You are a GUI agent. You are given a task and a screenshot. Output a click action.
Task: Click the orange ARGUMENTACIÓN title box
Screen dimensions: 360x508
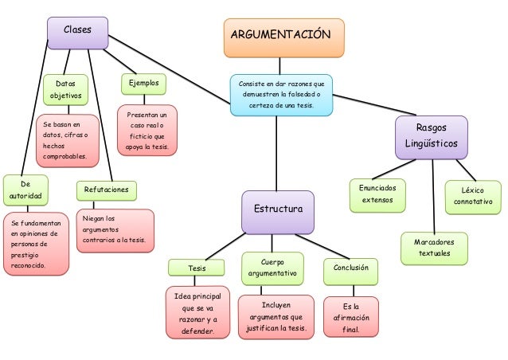pos(284,37)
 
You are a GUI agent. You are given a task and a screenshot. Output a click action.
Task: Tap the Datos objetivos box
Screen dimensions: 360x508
pos(66,89)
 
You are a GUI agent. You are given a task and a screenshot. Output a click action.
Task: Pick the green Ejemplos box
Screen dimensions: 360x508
pos(143,83)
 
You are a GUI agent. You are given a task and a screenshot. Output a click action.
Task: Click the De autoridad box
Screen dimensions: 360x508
pos(24,190)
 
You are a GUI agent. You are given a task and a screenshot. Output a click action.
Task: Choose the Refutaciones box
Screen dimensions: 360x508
pos(107,191)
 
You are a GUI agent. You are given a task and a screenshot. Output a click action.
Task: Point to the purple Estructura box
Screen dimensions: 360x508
pos(278,209)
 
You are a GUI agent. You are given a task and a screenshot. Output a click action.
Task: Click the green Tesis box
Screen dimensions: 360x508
pos(197,269)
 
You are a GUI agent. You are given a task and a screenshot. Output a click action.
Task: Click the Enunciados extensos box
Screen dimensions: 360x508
pos(377,194)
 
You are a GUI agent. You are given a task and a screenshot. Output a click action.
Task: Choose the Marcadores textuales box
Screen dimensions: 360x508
pos(434,248)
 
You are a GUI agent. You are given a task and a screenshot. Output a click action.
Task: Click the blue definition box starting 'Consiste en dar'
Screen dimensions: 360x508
pos(281,95)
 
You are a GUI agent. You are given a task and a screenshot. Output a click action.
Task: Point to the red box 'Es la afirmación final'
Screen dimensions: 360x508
pos(351,317)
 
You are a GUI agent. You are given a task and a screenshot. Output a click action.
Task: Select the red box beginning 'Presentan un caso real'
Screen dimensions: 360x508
pos(147,132)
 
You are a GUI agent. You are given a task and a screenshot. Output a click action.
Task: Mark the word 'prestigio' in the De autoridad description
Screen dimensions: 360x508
pos(23,255)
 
